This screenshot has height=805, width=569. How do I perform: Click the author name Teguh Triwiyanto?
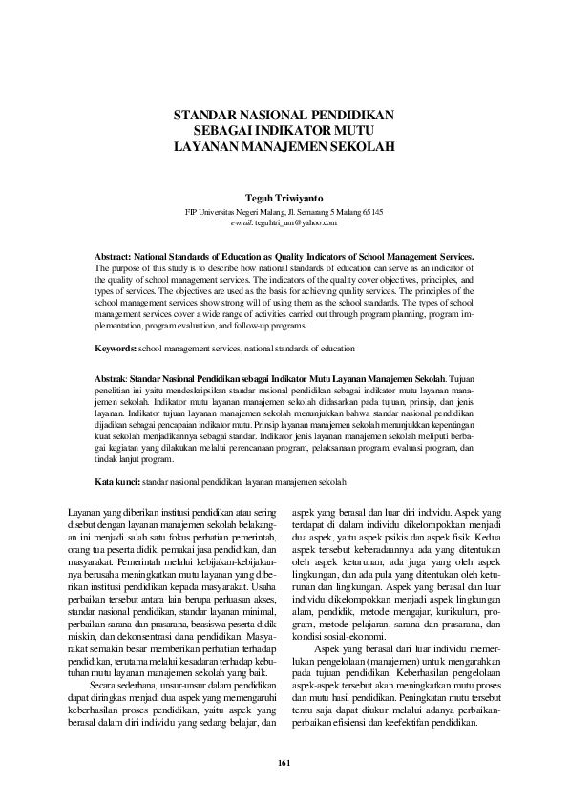click(x=284, y=199)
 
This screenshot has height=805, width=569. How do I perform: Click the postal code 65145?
click(x=372, y=211)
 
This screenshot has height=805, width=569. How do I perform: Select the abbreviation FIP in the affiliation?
click(x=192, y=211)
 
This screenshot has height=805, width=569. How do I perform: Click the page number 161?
click(x=284, y=762)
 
